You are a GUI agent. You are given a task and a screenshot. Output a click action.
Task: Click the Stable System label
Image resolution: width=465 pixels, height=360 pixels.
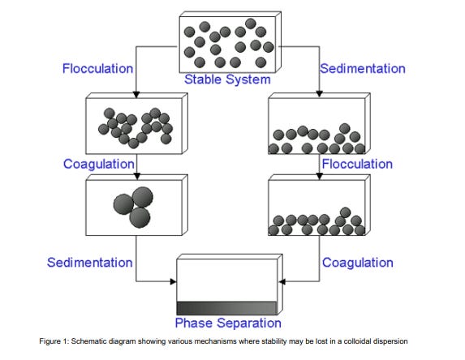click(227, 79)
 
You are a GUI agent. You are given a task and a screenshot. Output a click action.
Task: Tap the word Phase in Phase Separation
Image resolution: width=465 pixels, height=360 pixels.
click(194, 323)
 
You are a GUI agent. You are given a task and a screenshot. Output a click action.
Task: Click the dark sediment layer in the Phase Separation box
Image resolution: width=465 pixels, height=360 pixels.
click(227, 308)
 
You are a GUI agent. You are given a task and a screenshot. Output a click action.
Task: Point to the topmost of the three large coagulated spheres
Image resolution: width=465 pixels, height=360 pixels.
click(143, 197)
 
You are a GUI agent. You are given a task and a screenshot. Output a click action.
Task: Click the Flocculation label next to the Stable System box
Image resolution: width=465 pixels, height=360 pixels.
click(97, 68)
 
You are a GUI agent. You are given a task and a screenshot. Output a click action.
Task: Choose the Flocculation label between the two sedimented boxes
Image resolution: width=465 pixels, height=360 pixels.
click(357, 164)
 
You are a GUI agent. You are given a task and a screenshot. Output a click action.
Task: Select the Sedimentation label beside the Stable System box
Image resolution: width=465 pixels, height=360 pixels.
click(363, 68)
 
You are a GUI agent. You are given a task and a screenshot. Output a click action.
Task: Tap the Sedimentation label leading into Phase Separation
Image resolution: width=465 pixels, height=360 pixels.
click(89, 263)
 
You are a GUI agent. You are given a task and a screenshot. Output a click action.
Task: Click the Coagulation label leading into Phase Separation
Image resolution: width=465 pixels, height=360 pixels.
click(358, 263)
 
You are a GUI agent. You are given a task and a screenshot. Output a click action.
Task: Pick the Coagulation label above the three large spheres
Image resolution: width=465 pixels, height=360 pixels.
click(99, 164)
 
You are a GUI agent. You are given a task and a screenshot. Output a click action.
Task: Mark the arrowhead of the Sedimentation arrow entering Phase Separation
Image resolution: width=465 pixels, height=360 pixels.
click(174, 281)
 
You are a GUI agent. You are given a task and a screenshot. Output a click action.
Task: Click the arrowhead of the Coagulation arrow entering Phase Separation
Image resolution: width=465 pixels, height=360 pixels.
click(282, 281)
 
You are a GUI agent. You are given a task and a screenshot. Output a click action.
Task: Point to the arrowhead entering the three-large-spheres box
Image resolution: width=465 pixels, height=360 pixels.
click(136, 176)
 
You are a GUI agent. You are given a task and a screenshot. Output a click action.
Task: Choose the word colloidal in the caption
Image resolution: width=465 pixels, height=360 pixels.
click(357, 341)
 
